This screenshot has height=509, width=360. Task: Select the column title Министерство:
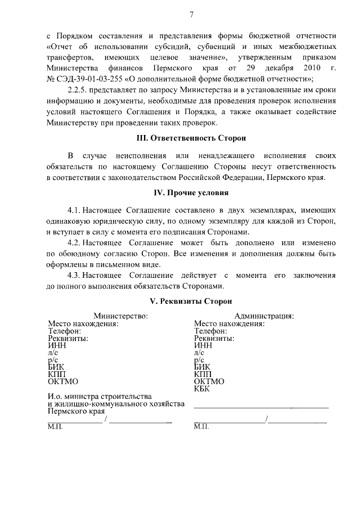(x=120, y=316)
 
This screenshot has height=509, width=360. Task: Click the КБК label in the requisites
(x=202, y=389)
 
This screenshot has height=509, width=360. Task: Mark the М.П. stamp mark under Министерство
(x=56, y=426)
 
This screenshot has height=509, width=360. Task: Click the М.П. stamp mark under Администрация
(x=201, y=426)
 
